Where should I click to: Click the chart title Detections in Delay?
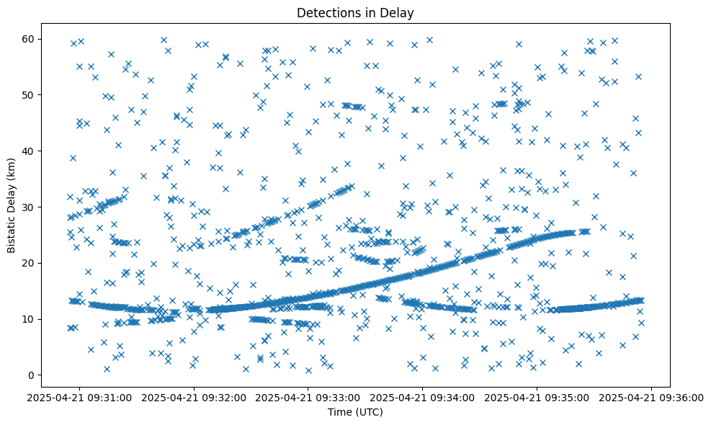tap(355, 12)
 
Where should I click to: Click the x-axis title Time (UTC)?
tap(355, 413)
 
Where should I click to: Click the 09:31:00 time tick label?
tap(79, 397)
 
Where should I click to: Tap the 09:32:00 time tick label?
tap(194, 397)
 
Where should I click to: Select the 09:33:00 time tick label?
tap(308, 397)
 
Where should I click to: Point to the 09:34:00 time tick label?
tap(423, 397)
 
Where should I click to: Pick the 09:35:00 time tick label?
tap(537, 397)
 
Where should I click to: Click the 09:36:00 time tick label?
tap(652, 397)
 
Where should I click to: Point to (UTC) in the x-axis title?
tap(369, 413)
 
